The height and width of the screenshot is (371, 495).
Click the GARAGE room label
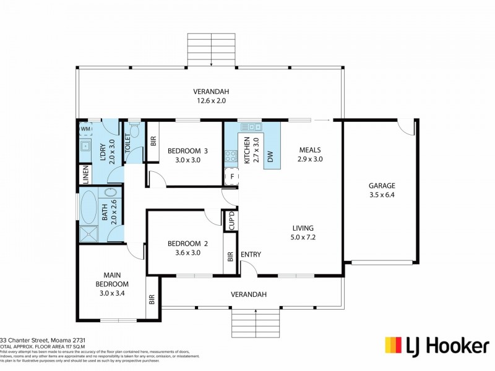[382, 185]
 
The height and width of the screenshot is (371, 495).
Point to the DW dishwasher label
[270, 158]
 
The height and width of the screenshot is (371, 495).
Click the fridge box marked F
[231, 176]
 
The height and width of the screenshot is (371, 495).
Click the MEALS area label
[310, 150]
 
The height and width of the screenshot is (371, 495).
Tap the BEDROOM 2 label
[187, 244]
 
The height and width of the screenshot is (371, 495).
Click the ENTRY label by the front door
[251, 254]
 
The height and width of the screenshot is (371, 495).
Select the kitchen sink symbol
[252, 127]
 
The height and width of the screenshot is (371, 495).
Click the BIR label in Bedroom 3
[153, 140]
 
